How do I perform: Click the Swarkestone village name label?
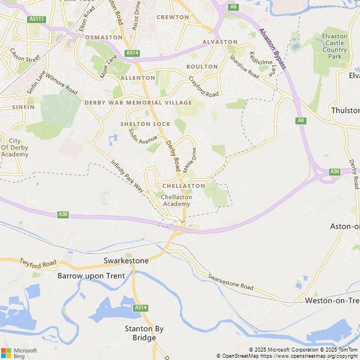pos(126,261)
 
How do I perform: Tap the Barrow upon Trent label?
pos(91,276)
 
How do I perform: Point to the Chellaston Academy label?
pos(176,200)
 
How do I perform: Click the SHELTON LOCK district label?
pos(145,124)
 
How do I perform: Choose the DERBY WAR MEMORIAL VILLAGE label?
pos(138,103)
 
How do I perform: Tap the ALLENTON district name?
pos(138,78)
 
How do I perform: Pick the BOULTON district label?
pos(202,66)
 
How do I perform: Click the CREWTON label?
pos(173,17)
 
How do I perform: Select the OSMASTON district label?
pos(103,37)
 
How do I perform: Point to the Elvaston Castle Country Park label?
pos(334,46)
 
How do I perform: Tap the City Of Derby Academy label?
pos(15,147)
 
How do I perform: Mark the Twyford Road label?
pos(38,263)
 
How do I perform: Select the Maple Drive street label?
pos(189,156)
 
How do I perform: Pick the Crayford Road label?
pos(203,87)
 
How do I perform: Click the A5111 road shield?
pos(36,19)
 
